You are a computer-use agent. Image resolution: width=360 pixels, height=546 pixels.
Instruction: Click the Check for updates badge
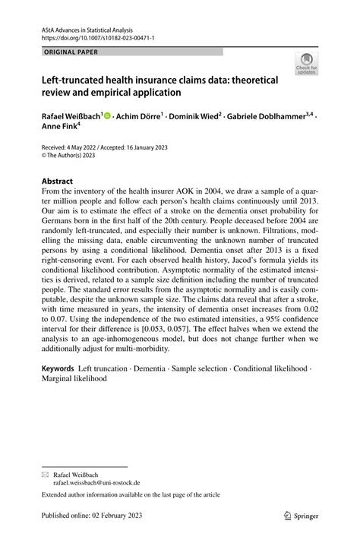(308, 65)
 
